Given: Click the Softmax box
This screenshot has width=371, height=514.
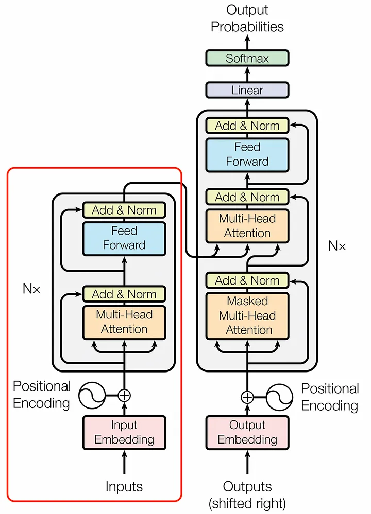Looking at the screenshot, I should coord(247,58).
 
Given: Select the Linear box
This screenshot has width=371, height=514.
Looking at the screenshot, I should coord(247,90).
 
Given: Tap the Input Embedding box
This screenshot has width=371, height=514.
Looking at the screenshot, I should coord(124,432).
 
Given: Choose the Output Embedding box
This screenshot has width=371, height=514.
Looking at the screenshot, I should coord(247,432).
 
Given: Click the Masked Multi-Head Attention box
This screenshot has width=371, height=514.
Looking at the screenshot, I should coord(247,315).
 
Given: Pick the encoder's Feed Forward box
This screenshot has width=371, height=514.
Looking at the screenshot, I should coord(124,238).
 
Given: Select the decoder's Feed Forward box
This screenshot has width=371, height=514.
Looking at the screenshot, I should coord(247,154).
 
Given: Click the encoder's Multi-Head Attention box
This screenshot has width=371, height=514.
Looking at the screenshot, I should coord(124,322).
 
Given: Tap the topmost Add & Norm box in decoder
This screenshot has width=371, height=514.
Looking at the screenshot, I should coord(247,126).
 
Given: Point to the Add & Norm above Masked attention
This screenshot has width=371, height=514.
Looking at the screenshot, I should coord(247,280).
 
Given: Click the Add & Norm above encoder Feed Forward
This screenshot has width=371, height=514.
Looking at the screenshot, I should coord(124,210).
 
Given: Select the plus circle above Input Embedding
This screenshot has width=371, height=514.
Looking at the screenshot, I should coord(124,395).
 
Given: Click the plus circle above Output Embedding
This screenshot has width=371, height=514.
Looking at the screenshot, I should coord(247,397).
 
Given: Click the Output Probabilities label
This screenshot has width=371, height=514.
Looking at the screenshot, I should coord(247,18).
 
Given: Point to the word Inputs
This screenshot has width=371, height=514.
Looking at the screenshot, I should coord(124,486).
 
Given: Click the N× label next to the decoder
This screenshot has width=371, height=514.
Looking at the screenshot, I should coord(337,246).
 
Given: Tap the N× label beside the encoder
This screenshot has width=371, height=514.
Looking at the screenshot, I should coord(31,289).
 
